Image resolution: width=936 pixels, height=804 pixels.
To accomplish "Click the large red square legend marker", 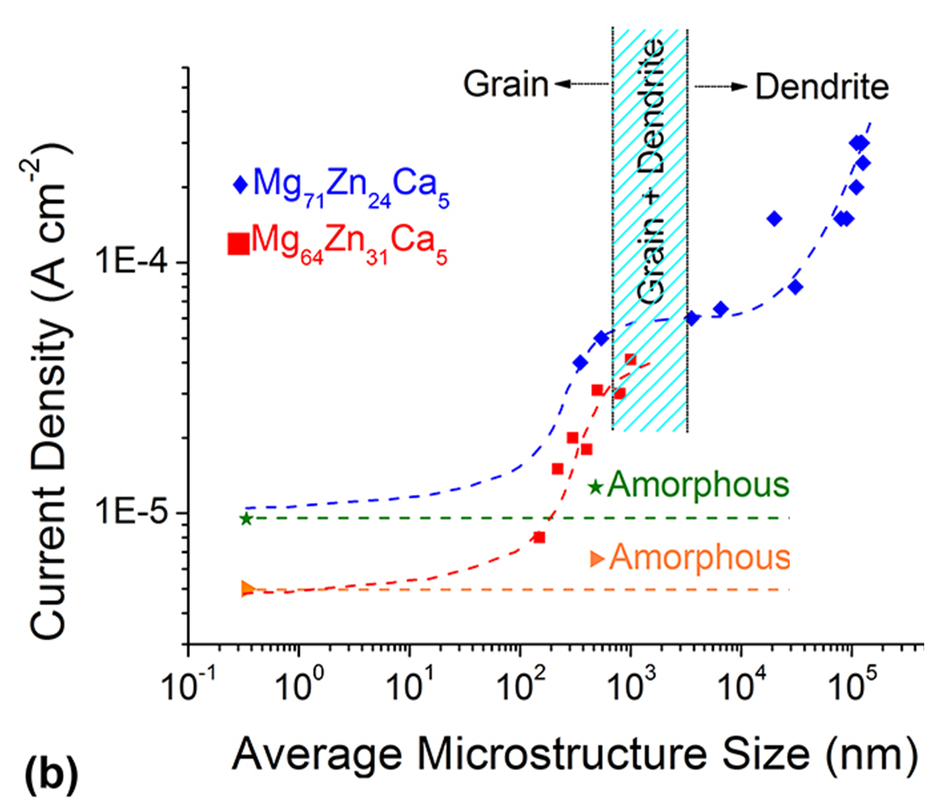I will click(239, 244).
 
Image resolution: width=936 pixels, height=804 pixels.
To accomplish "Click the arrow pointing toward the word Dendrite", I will click(721, 86).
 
